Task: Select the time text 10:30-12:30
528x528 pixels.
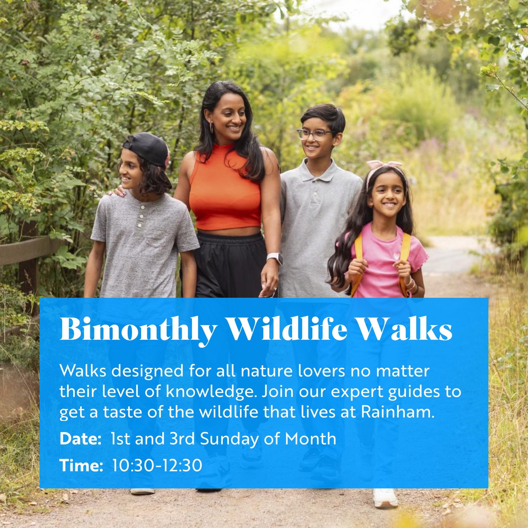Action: pyautogui.click(x=157, y=465)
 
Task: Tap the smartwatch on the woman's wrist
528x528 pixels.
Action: pyautogui.click(x=274, y=258)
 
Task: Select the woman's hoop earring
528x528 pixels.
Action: pyautogui.click(x=212, y=128)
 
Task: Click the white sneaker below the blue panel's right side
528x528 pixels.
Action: pyautogui.click(x=385, y=498)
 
